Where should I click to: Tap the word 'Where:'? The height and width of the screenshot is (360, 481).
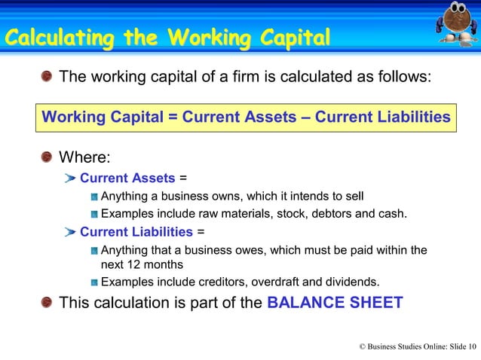click(84, 158)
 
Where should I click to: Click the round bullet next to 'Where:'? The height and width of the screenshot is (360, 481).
click(47, 158)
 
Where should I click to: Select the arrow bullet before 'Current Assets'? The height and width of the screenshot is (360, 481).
click(70, 179)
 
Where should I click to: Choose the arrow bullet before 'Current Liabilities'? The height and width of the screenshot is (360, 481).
click(70, 231)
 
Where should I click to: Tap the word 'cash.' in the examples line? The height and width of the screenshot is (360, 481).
click(393, 214)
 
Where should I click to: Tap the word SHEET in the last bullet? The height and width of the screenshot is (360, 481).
click(374, 303)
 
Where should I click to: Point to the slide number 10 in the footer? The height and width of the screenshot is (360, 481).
click(472, 346)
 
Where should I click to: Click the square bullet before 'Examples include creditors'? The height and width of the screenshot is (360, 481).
click(93, 283)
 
